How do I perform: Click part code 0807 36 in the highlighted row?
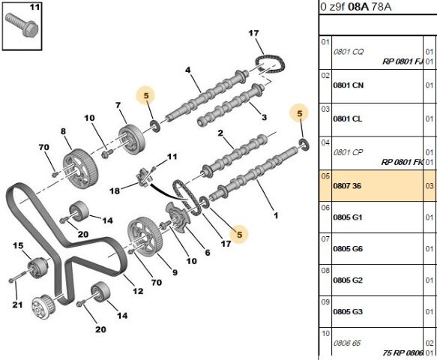pyautogui.click(x=347, y=185)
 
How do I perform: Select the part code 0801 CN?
pyautogui.click(x=348, y=85)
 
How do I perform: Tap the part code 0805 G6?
pyautogui.click(x=348, y=248)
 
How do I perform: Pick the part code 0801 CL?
pyautogui.click(x=347, y=118)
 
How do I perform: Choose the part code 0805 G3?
pyautogui.click(x=348, y=311)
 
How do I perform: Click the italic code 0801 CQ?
pyautogui.click(x=348, y=52)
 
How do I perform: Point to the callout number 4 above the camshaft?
pyautogui.click(x=188, y=70)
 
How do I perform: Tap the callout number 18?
pyautogui.click(x=115, y=191)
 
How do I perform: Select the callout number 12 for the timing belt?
pyautogui.click(x=137, y=291)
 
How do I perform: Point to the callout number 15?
pyautogui.click(x=17, y=246)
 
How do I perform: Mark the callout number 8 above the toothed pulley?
pyautogui.click(x=63, y=132)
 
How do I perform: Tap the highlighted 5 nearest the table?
pyautogui.click(x=299, y=113)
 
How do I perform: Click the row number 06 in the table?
pyautogui.click(x=325, y=208)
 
